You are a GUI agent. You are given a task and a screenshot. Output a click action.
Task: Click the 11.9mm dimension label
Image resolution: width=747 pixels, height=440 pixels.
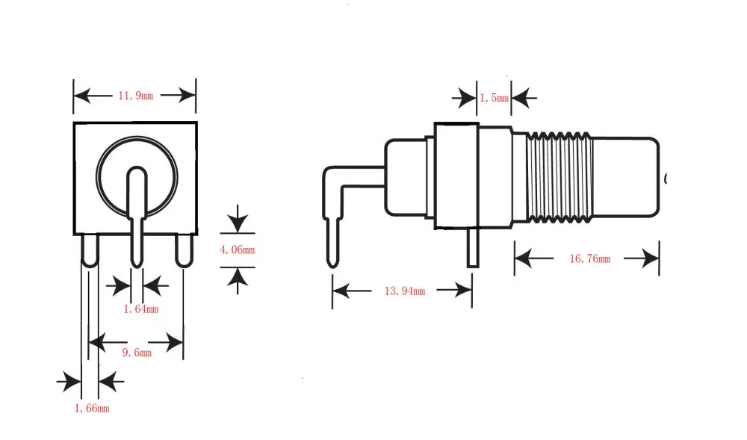tap(136, 96)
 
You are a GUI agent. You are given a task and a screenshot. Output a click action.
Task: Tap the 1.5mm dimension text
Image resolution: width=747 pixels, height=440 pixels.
tap(494, 98)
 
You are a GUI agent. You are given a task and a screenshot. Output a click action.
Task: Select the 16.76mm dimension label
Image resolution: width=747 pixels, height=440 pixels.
tap(590, 258)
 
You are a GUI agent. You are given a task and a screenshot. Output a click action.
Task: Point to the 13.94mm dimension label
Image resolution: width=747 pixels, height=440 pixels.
tap(404, 291)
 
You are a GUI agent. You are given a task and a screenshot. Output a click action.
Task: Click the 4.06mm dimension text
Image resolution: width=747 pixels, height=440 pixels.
tap(238, 250)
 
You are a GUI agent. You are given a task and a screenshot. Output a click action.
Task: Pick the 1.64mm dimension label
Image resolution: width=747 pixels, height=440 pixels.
tap(140, 309)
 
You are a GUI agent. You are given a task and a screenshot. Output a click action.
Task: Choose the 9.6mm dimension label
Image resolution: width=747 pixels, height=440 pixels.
tap(137, 353)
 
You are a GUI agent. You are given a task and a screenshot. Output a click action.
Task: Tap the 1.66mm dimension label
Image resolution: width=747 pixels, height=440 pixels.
tap(92, 408)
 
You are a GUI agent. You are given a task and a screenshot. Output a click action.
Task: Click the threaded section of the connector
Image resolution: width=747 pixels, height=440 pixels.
tap(560, 178)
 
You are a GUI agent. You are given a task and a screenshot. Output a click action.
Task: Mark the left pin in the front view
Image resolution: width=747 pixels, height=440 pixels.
tap(90, 250)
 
